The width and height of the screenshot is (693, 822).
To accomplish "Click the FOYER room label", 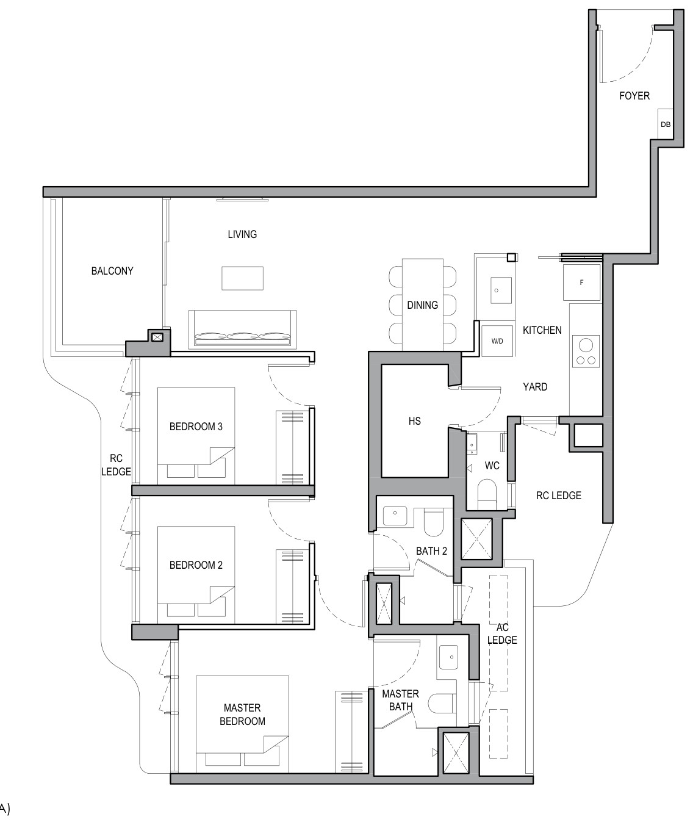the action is (634, 96).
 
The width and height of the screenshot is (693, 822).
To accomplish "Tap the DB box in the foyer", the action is (665, 124).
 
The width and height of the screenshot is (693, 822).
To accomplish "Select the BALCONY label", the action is (112, 271).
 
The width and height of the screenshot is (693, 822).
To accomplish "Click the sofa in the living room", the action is (242, 329).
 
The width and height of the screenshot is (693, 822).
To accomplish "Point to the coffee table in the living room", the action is (242, 278).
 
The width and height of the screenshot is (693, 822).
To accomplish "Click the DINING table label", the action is (422, 305).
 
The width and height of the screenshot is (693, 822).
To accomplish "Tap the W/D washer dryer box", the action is (497, 341).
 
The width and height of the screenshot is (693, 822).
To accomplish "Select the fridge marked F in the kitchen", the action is (581, 283).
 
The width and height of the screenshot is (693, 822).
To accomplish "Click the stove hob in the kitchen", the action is (586, 351).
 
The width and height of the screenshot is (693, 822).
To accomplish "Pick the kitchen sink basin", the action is (501, 290).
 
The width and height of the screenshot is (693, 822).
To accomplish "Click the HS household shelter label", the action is (414, 421).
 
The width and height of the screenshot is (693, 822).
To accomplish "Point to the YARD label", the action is (535, 387).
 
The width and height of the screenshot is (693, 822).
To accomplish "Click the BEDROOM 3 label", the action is (196, 427).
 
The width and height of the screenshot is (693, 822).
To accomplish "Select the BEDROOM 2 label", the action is (196, 565).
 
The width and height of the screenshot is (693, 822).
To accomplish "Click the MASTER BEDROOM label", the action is (242, 715).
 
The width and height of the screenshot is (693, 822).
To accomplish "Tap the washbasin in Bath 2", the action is (395, 513).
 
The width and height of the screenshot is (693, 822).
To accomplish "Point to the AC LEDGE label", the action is (502, 633).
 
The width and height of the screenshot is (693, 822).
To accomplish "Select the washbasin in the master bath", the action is (448, 657).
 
